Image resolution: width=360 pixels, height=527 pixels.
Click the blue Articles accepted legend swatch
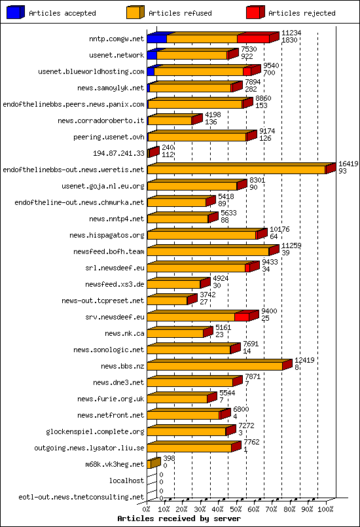click(15, 12)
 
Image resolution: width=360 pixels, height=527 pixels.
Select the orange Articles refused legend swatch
click(135, 12)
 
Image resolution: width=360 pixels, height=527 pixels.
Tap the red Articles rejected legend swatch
click(255, 12)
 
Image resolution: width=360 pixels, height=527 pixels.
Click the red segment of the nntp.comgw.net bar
click(253, 39)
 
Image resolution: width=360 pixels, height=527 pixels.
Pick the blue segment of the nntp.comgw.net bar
click(156, 39)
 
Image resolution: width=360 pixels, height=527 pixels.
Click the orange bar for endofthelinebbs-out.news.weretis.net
click(237, 170)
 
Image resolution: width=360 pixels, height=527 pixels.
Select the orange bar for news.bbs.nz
click(215, 366)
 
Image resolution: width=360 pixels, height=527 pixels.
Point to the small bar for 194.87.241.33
click(152, 153)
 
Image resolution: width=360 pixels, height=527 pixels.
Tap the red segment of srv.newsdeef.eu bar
click(242, 317)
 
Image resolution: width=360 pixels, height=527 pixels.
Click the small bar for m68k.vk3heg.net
click(153, 463)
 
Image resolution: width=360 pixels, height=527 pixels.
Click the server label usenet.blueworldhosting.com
click(91, 71)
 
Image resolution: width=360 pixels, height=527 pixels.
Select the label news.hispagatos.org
click(107, 235)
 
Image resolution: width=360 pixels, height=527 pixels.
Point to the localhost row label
click(127, 481)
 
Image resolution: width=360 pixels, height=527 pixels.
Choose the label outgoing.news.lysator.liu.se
click(89, 448)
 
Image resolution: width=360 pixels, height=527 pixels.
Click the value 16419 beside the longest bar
click(348, 164)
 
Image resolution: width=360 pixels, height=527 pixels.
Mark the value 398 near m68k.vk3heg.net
click(169, 459)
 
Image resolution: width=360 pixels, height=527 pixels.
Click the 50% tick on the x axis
click(236, 508)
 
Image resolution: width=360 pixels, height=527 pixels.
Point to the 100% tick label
click(325, 508)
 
